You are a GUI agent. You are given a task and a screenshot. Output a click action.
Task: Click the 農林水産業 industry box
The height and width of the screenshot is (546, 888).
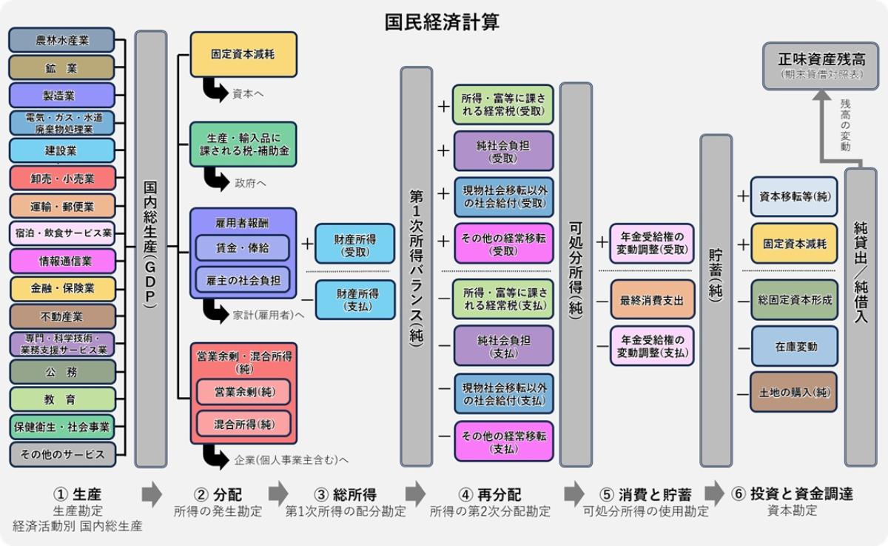click(x=61, y=40)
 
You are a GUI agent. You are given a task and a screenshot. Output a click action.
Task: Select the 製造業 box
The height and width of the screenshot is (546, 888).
click(x=61, y=96)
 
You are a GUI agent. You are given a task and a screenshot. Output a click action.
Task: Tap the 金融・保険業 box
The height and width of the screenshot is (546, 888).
click(x=62, y=288)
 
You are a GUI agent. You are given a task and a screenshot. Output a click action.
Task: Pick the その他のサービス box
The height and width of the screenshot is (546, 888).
click(x=62, y=453)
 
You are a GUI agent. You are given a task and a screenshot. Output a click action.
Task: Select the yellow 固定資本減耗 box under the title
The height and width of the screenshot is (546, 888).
click(x=243, y=54)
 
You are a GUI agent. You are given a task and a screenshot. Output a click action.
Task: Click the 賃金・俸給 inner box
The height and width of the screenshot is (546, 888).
click(x=242, y=246)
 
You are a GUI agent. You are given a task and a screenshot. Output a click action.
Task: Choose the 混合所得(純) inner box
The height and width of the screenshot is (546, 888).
click(x=243, y=424)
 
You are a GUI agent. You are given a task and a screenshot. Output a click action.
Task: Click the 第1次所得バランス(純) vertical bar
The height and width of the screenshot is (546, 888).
click(x=416, y=267)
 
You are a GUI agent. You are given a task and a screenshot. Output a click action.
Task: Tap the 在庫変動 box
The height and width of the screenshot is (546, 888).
click(x=794, y=347)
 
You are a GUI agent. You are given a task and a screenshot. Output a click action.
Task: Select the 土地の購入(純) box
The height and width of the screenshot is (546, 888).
click(x=794, y=392)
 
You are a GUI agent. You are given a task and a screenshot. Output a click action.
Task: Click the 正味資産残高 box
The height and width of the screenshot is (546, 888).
click(x=817, y=65)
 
